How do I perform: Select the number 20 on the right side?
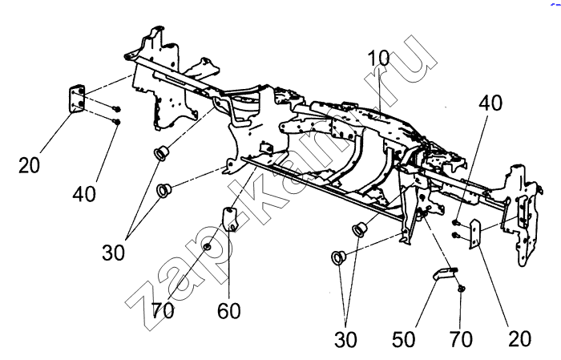click(519, 338)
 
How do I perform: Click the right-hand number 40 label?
click(492, 103)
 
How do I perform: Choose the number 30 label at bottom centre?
click(347, 339)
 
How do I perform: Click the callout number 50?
click(405, 338)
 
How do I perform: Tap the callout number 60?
click(229, 309)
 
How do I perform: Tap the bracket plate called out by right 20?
click(474, 235)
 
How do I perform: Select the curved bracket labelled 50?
click(443, 274)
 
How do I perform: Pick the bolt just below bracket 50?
click(462, 289)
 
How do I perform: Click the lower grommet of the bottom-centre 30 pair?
click(338, 258)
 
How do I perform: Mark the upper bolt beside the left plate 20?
click(117, 107)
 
